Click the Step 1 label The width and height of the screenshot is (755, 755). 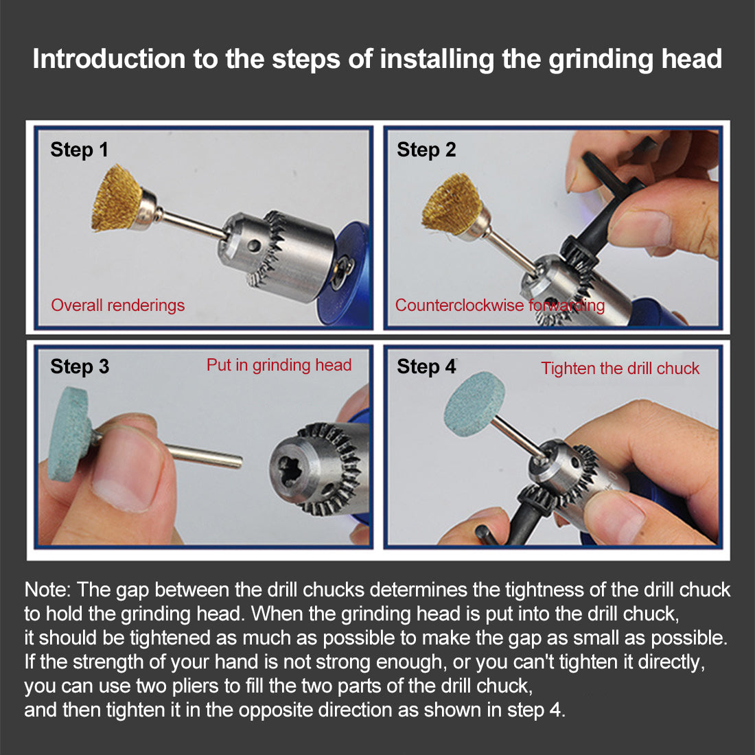tap(79, 150)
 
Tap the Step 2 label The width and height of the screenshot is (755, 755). tap(426, 150)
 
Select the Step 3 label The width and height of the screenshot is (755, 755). tap(80, 367)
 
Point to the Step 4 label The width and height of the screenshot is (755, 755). tap(426, 367)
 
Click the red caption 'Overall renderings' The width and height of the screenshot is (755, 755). tap(118, 305)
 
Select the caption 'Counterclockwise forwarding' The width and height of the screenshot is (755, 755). tap(500, 305)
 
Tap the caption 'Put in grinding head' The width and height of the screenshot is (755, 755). tap(279, 365)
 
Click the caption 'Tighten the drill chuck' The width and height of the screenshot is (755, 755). tap(620, 369)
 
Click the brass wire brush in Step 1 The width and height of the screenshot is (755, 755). tap(118, 198)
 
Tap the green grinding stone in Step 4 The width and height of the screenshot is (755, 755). tap(475, 404)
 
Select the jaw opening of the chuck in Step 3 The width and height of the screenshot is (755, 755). tap(290, 469)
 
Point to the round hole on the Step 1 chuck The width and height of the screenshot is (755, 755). tap(254, 246)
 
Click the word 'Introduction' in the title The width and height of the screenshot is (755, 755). tap(109, 59)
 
